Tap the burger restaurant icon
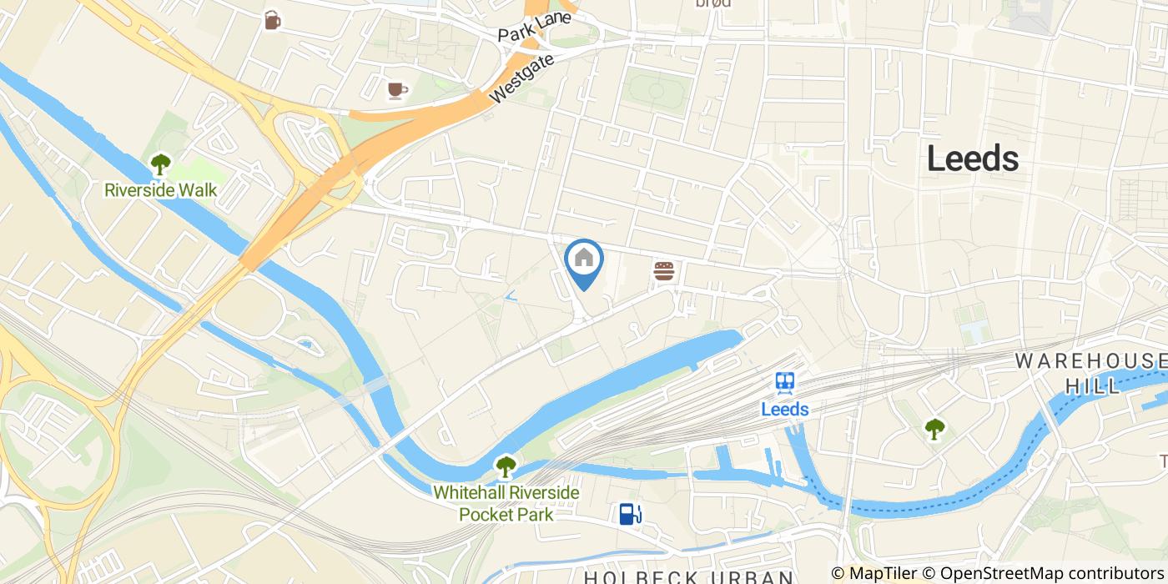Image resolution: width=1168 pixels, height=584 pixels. coord(664,271)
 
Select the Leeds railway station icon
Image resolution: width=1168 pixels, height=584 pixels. coord(784,383)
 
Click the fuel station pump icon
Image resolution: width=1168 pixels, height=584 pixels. coord(630,513)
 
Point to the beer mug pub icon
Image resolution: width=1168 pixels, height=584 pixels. coord(272,20)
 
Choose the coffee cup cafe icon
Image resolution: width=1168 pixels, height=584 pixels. coord(396,90)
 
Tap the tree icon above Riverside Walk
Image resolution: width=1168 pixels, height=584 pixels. coord(159,164)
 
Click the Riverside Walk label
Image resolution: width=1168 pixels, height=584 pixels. coord(160,190)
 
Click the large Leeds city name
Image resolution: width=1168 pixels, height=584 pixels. coord(973,159)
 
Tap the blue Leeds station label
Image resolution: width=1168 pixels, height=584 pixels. coord(784,409)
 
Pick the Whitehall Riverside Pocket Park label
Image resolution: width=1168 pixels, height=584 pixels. coord(506,503)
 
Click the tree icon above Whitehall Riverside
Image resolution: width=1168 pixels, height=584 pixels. coord(506,466)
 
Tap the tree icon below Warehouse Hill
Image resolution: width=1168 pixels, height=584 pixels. coord(934,429)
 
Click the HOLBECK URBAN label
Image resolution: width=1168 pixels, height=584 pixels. coord(687,576)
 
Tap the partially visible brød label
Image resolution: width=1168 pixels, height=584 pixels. coord(713,3)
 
